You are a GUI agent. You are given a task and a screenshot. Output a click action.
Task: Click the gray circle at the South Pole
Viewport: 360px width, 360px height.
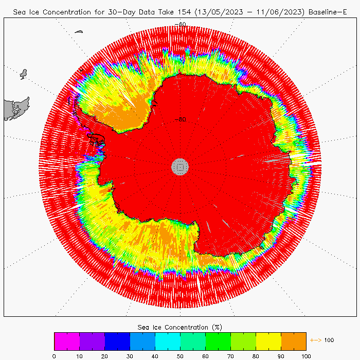pos(180,166)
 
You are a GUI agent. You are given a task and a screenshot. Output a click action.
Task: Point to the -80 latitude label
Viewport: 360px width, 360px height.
pos(180,119)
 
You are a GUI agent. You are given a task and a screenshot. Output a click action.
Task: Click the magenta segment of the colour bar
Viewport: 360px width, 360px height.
pos(67,341)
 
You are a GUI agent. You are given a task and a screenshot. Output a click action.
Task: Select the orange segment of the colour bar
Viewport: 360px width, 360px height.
pos(294,341)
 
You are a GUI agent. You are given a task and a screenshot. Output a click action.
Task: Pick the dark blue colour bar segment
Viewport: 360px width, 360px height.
pos(117,341)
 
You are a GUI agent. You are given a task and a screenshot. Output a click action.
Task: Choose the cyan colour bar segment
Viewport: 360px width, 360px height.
pos(168,341)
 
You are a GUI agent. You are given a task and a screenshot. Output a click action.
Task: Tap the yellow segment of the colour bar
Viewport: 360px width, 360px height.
pos(268,341)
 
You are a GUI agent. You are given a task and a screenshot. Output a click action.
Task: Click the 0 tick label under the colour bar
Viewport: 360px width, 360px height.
pos(54,355)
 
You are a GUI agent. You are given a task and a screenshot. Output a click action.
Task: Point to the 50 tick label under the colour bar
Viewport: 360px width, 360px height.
pos(180,355)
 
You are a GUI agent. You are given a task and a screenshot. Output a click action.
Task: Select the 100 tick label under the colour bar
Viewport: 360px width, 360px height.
pos(306,355)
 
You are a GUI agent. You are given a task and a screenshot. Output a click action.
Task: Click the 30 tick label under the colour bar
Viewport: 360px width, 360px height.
pos(130,355)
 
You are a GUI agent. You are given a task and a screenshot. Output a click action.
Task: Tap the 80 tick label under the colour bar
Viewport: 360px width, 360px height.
pos(256,355)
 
